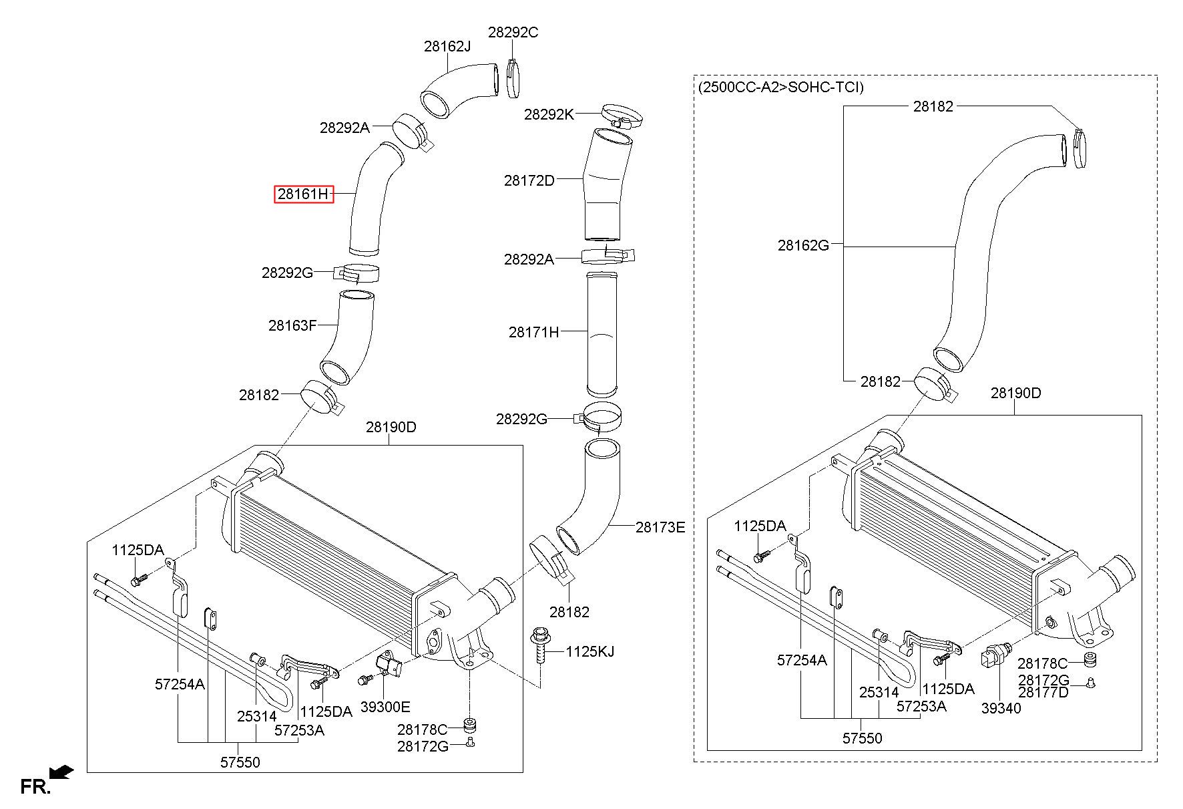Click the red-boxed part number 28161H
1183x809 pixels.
coord(304,194)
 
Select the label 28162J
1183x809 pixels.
coord(447,46)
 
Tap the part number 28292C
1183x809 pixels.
coord(513,32)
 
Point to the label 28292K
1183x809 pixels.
coord(548,114)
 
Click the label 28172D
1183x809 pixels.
coord(529,180)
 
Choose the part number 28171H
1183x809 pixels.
coord(533,332)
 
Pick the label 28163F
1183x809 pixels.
coord(292,325)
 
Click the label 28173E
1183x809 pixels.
coord(660,527)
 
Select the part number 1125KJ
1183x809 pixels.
coord(590,651)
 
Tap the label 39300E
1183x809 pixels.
coord(385,707)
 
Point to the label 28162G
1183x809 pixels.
coord(803,245)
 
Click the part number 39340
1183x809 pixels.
coord(1001,708)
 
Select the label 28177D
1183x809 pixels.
coord(1043,692)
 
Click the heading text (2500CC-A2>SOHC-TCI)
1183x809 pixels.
coord(780,87)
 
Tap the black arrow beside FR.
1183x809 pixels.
coord(62,773)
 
